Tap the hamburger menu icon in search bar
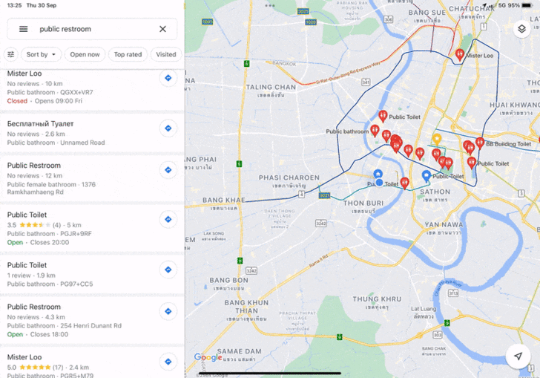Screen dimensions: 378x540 coord(24,29)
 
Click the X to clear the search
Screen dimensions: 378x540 coord(162,29)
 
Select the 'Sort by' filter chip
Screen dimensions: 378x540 coord(41,54)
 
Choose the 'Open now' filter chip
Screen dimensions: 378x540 coord(85,54)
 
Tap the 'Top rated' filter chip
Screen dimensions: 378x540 coord(128,54)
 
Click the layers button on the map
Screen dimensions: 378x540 coord(521,29)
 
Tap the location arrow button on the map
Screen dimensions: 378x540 coord(518,356)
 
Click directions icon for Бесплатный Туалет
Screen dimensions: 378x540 coord(168,128)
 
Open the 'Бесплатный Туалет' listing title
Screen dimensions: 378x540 coord(40,123)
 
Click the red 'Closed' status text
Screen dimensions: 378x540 coord(17,101)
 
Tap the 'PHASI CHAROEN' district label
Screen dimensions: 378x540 coord(289,178)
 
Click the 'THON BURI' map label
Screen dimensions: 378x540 coord(363,203)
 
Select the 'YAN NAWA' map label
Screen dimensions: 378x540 coord(444,224)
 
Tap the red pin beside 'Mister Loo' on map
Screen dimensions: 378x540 coord(460,54)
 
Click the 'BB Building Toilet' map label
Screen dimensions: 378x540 coord(509,144)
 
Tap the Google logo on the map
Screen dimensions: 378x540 coord(208,357)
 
